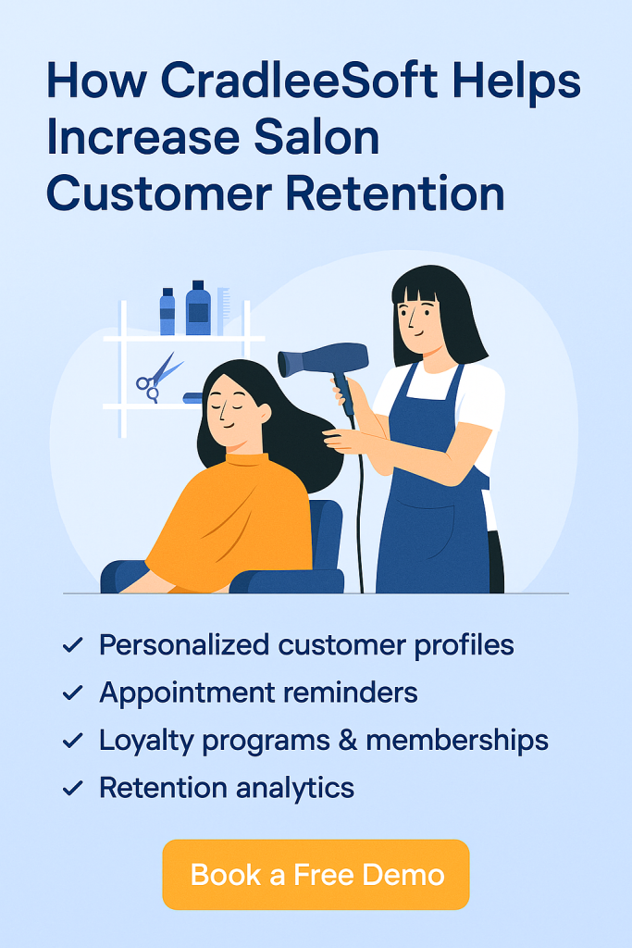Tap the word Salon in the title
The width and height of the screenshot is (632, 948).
(x=316, y=137)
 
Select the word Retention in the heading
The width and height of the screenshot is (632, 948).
(x=394, y=193)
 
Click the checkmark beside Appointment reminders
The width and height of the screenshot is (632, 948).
(x=72, y=692)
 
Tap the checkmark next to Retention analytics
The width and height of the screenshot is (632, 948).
(x=72, y=788)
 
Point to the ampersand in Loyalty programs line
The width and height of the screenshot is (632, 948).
(x=348, y=740)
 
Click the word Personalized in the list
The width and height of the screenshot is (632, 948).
(x=184, y=645)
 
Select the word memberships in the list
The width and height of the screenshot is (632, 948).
(x=457, y=740)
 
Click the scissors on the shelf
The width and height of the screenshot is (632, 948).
(x=158, y=378)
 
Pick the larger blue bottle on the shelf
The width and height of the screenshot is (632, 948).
(x=198, y=307)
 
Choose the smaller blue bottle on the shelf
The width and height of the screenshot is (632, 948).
(x=167, y=311)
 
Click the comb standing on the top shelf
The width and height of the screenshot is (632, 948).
(x=223, y=311)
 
